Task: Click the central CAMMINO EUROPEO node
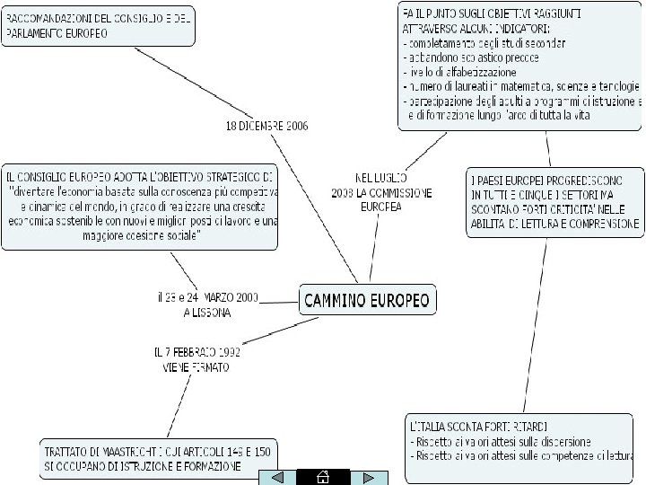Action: (367, 299)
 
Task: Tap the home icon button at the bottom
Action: (323, 477)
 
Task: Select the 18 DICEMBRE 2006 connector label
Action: (266, 126)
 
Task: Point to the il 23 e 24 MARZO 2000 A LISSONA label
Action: (207, 304)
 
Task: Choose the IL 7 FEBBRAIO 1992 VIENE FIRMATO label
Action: (196, 359)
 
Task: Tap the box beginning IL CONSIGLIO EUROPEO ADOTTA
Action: (141, 206)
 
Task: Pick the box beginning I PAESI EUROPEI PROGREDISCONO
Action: (554, 201)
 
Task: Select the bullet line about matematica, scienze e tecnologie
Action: (522, 86)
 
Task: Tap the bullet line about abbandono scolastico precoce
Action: (471, 57)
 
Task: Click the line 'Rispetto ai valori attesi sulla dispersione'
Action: (500, 441)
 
